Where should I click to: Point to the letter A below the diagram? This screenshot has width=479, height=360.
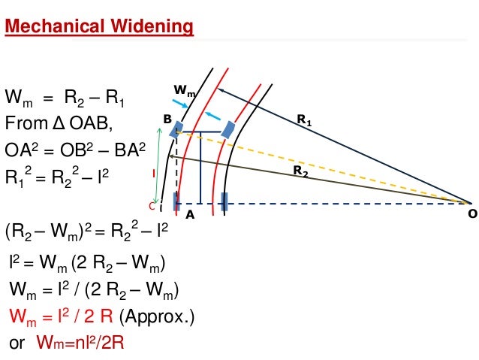[190, 213]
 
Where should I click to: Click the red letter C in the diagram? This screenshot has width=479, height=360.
[151, 206]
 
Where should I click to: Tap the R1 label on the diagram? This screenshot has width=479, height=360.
[303, 118]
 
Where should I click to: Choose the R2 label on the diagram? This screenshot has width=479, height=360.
[300, 171]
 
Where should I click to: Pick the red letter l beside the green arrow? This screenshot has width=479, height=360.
[154, 172]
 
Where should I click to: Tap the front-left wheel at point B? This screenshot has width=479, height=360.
[175, 132]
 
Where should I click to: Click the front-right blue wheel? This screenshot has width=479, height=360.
[227, 129]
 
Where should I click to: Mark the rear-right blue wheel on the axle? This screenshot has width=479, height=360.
[224, 201]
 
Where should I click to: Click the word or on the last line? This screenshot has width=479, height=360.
[17, 342]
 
